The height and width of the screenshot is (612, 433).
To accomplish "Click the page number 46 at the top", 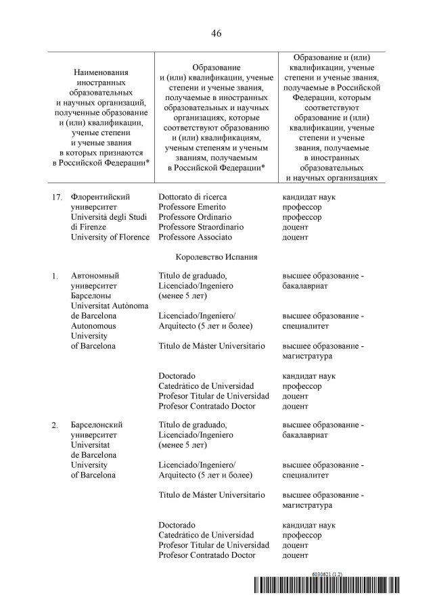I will [216, 33].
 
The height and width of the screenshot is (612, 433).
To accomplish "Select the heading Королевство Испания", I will [216, 257].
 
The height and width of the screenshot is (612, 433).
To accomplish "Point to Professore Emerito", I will [192, 207].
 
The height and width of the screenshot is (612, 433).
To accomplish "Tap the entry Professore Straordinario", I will [201, 227].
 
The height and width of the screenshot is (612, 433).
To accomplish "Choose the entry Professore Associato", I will [195, 237].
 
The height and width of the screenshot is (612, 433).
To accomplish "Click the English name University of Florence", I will [110, 237].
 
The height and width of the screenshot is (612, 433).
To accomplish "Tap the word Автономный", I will [95, 276].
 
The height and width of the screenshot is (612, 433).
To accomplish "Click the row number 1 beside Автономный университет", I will [55, 276].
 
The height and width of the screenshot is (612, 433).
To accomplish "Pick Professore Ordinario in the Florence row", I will [194, 217].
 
